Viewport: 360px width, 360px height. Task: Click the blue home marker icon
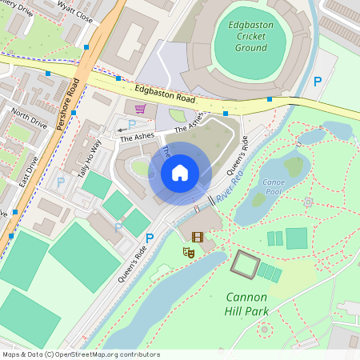point(180,173)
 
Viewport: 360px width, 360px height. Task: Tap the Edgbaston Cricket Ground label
point(250,36)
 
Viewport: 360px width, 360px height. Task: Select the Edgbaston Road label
point(165,94)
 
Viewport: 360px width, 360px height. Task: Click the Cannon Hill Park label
point(258,303)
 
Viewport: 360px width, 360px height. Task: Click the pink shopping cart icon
point(141,109)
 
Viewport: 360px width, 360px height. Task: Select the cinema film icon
point(197,236)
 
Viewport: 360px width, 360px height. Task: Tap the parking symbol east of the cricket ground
point(318,82)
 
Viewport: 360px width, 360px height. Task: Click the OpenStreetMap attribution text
point(81,354)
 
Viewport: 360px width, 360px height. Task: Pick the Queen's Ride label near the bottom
point(132,259)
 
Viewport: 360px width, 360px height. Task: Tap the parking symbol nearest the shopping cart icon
point(132,125)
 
